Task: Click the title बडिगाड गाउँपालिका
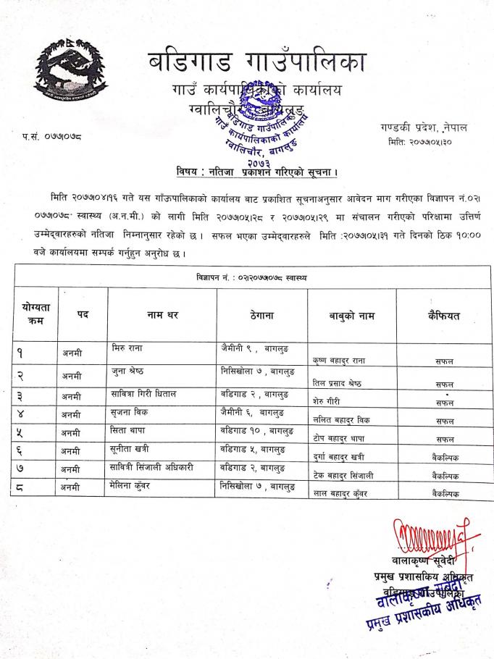pyautogui.click(x=257, y=64)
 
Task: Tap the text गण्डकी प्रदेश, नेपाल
pyautogui.click(x=424, y=127)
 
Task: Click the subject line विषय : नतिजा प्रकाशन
pyautogui.click(x=258, y=172)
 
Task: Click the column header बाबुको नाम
pyautogui.click(x=351, y=315)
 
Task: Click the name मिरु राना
pyautogui.click(x=130, y=348)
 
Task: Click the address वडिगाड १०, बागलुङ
pyautogui.click(x=254, y=432)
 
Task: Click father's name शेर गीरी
pyautogui.click(x=327, y=400)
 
